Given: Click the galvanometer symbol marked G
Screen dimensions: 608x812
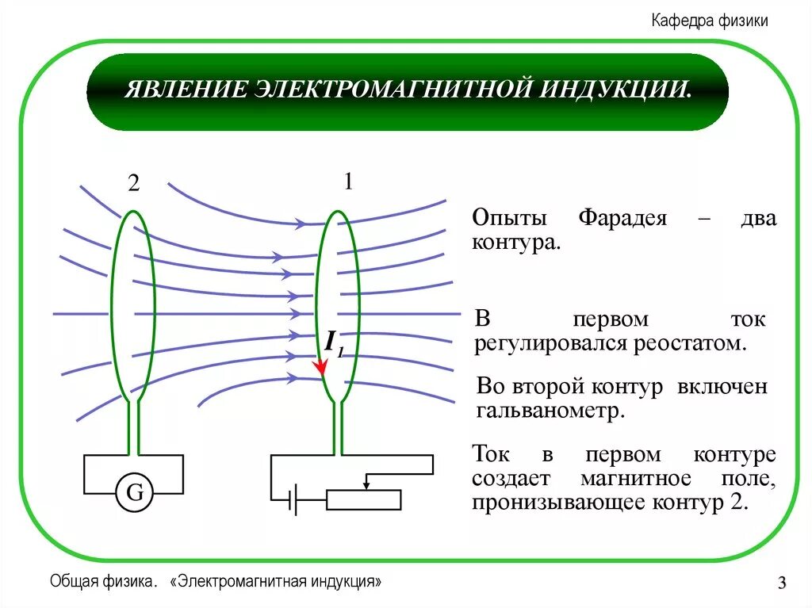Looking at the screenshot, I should [135, 493].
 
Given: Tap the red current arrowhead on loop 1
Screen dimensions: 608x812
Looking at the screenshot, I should [320, 367].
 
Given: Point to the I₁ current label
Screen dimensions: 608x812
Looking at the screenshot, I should [332, 343].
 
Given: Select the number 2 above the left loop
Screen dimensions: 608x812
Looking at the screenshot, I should [133, 184].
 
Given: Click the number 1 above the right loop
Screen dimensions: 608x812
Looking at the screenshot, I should [347, 182].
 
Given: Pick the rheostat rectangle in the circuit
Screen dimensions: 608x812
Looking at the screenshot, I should [364, 499].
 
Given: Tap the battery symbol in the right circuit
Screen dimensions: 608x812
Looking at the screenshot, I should [293, 499].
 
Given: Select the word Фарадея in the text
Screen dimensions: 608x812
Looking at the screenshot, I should [622, 219].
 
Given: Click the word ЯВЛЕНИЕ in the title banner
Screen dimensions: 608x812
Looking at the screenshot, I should [183, 89].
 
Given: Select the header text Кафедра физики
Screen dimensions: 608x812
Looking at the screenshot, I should [710, 21].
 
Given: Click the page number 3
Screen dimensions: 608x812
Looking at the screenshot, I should [782, 585].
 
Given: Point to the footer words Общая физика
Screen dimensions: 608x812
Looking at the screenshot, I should [101, 582].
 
